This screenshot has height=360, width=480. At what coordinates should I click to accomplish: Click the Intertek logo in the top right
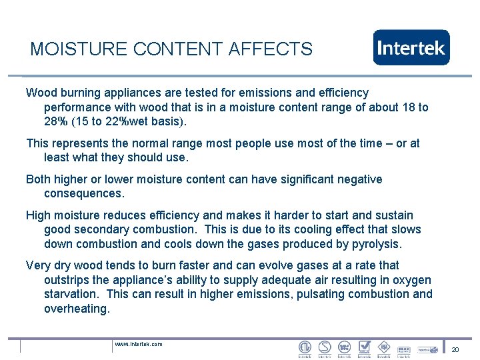pos(411,47)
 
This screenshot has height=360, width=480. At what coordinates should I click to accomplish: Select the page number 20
pos(455,349)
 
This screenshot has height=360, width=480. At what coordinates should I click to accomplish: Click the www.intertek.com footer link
pos(139,344)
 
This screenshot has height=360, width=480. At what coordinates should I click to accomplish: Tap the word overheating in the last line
pos(76,309)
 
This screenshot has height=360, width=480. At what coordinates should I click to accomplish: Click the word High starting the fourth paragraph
pos(39,215)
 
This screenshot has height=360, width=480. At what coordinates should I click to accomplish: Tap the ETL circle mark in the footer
pos(305,347)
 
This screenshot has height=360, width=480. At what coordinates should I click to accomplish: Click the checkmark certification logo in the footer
pos(364,347)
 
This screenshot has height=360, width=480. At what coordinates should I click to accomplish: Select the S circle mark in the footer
pos(325,347)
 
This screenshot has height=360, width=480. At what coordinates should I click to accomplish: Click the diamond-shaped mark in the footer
pos(383,347)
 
